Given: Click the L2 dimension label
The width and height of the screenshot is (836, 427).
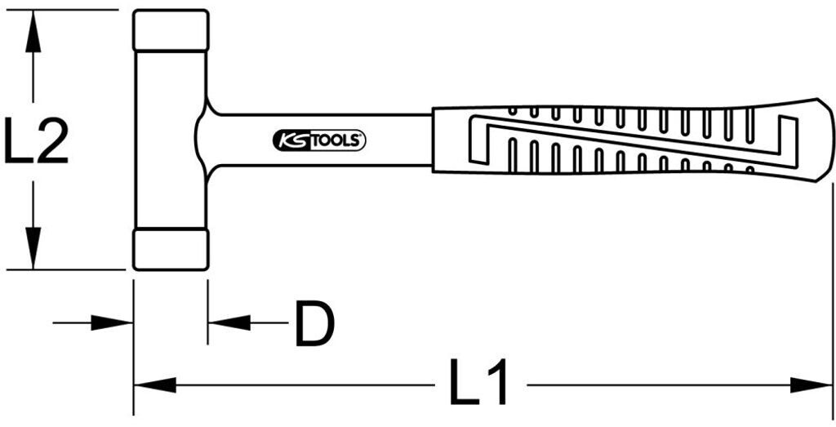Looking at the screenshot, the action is tap(36, 140).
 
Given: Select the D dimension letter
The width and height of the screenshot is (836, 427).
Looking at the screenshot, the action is tap(314, 323).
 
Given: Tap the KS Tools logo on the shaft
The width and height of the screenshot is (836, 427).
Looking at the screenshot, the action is tap(319, 140).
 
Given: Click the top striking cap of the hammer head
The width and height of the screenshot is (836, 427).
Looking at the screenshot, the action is tap(171, 30).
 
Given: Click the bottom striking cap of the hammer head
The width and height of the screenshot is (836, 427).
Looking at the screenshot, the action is tap(171, 250).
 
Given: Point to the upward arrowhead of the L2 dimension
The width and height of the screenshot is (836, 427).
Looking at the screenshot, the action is tap(33, 32).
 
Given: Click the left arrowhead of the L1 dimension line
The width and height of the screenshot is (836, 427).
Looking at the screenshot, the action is tap(154, 385).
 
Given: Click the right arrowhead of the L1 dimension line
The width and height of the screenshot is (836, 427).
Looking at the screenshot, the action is tap(811, 385).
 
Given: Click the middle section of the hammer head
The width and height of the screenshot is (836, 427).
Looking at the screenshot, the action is tap(171, 140).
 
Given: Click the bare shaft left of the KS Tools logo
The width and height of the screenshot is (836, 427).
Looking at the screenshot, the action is tap(244, 140).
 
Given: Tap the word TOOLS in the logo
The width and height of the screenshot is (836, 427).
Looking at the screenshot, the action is tap(336, 140).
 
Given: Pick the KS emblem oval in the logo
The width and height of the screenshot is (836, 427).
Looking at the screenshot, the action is tap(291, 140).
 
